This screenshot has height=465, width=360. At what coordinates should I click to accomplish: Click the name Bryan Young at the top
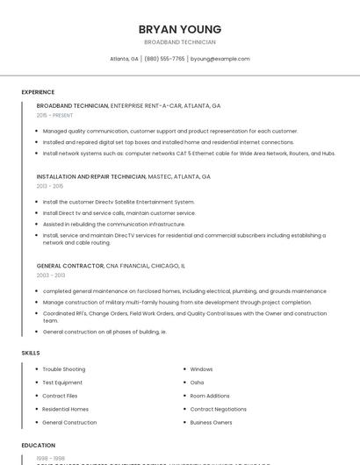tap(180, 29)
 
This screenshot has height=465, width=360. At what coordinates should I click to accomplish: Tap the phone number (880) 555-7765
tap(164, 59)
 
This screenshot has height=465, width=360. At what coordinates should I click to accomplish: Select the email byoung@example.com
tap(220, 59)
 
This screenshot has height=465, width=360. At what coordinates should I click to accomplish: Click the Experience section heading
tap(38, 92)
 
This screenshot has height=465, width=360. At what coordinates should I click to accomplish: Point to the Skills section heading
tap(31, 353)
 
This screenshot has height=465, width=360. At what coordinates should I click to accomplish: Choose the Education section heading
tap(39, 446)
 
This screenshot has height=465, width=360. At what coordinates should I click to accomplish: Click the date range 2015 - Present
tap(54, 115)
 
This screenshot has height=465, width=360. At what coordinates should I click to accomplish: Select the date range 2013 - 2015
tap(50, 186)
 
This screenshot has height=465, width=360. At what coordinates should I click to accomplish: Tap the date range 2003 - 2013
tap(50, 275)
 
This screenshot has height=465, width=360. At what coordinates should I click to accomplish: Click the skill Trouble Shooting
tap(64, 369)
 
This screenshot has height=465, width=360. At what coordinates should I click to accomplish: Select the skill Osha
tap(197, 383)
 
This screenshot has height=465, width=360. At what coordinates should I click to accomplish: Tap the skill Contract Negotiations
tap(219, 409)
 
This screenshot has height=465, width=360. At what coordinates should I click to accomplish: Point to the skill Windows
tap(201, 369)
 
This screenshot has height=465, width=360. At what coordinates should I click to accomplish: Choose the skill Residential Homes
tap(66, 409)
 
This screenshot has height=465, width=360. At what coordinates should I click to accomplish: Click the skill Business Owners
tap(212, 422)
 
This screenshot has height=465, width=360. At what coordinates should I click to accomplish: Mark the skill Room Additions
tap(210, 396)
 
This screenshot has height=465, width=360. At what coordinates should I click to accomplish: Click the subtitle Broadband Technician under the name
tap(180, 42)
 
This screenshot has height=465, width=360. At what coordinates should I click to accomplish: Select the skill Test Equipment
tap(62, 383)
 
